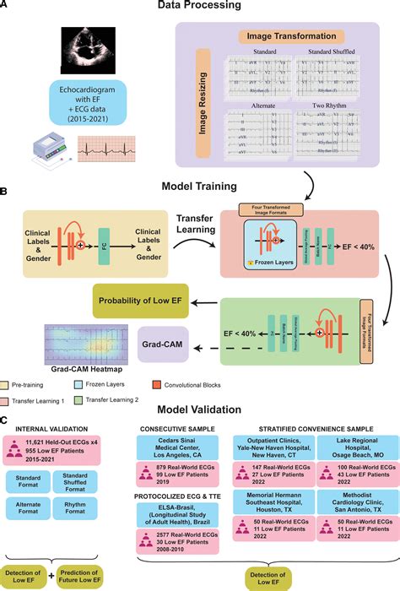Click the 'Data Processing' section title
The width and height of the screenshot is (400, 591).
[x=200, y=8]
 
